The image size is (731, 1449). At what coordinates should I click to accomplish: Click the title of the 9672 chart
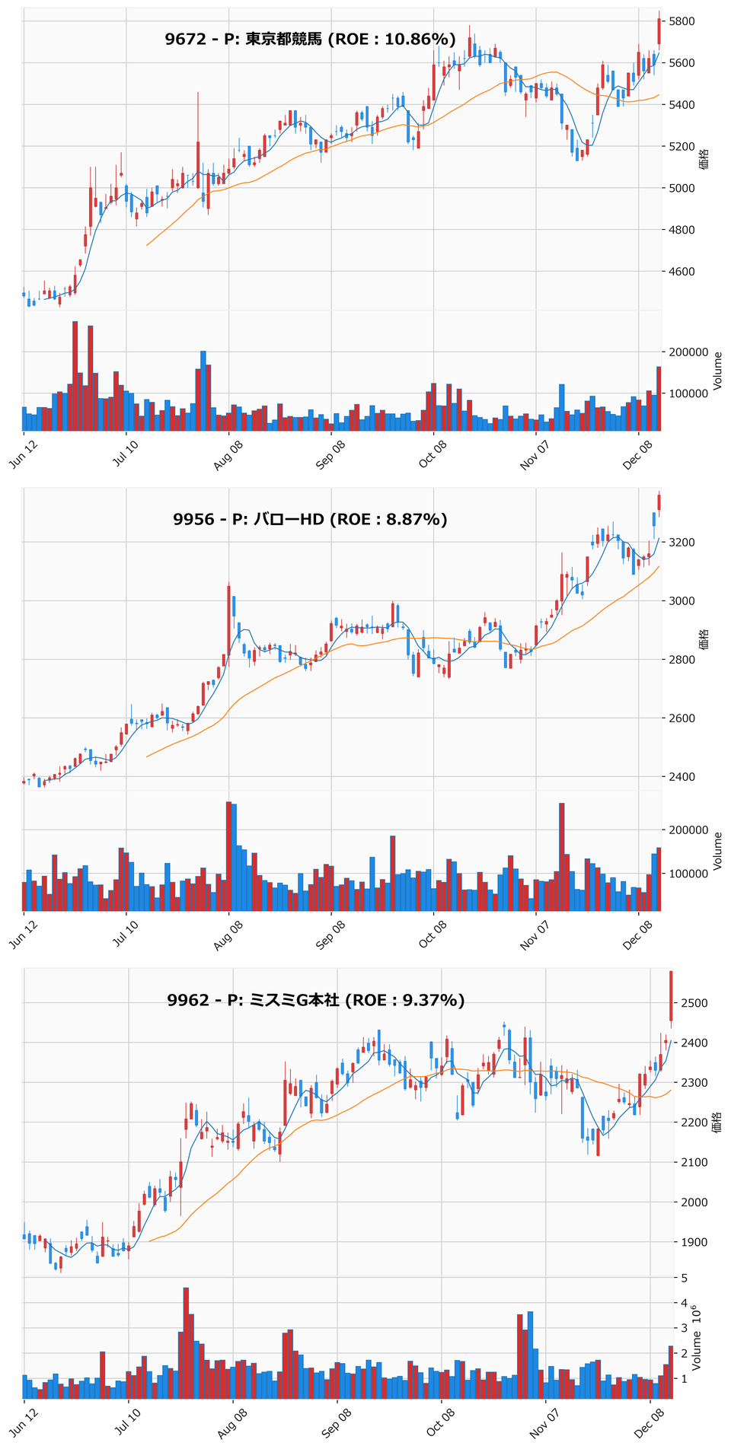click(310, 40)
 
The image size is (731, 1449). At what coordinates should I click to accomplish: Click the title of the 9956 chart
click(310, 520)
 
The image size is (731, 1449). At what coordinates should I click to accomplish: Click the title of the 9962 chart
click(316, 1000)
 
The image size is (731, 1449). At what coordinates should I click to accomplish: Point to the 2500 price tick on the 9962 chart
click(689, 1003)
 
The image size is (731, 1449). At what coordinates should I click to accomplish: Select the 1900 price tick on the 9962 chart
click(689, 1243)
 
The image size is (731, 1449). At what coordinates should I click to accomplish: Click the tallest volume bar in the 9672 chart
click(75, 376)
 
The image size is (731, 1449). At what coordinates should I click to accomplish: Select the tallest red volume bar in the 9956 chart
click(228, 856)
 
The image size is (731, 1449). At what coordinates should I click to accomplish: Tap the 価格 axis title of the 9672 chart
click(704, 159)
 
